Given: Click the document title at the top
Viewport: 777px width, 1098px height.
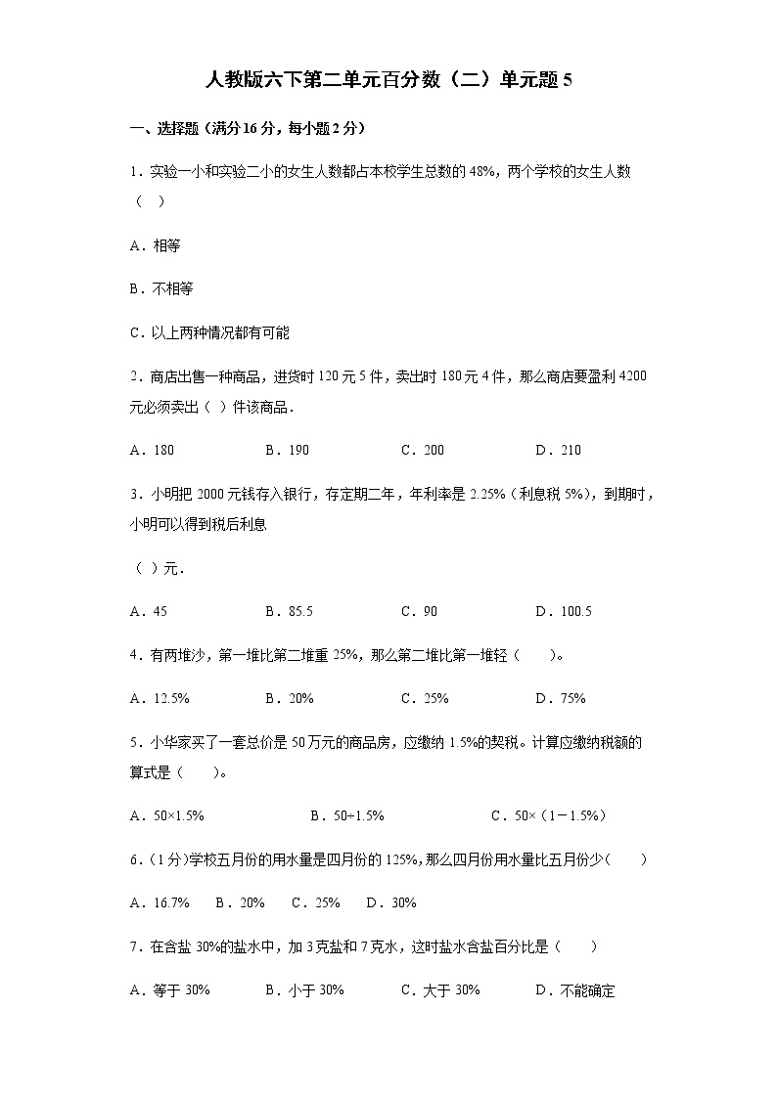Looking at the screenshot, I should (388, 81).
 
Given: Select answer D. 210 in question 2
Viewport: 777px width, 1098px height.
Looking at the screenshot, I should (559, 451).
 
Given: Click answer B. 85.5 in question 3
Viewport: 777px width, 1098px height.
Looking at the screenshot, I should (290, 612).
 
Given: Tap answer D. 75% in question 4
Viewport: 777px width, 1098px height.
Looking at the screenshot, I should (561, 699).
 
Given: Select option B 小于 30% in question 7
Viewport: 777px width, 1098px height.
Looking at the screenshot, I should (304, 990).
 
